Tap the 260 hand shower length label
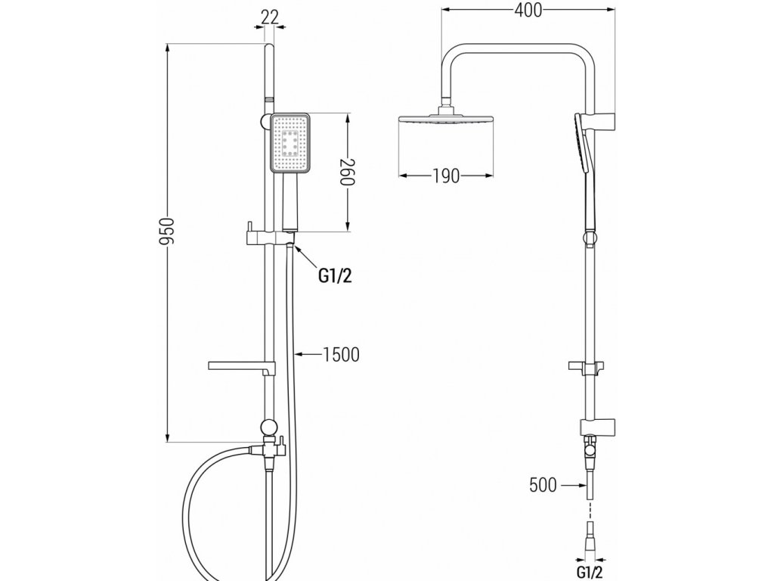pyautogui.click(x=348, y=175)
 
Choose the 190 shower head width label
pyautogui.click(x=446, y=176)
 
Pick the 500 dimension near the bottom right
pyautogui.click(x=543, y=485)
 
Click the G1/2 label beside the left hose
pyautogui.click(x=333, y=277)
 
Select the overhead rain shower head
pyautogui.click(x=445, y=120)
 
